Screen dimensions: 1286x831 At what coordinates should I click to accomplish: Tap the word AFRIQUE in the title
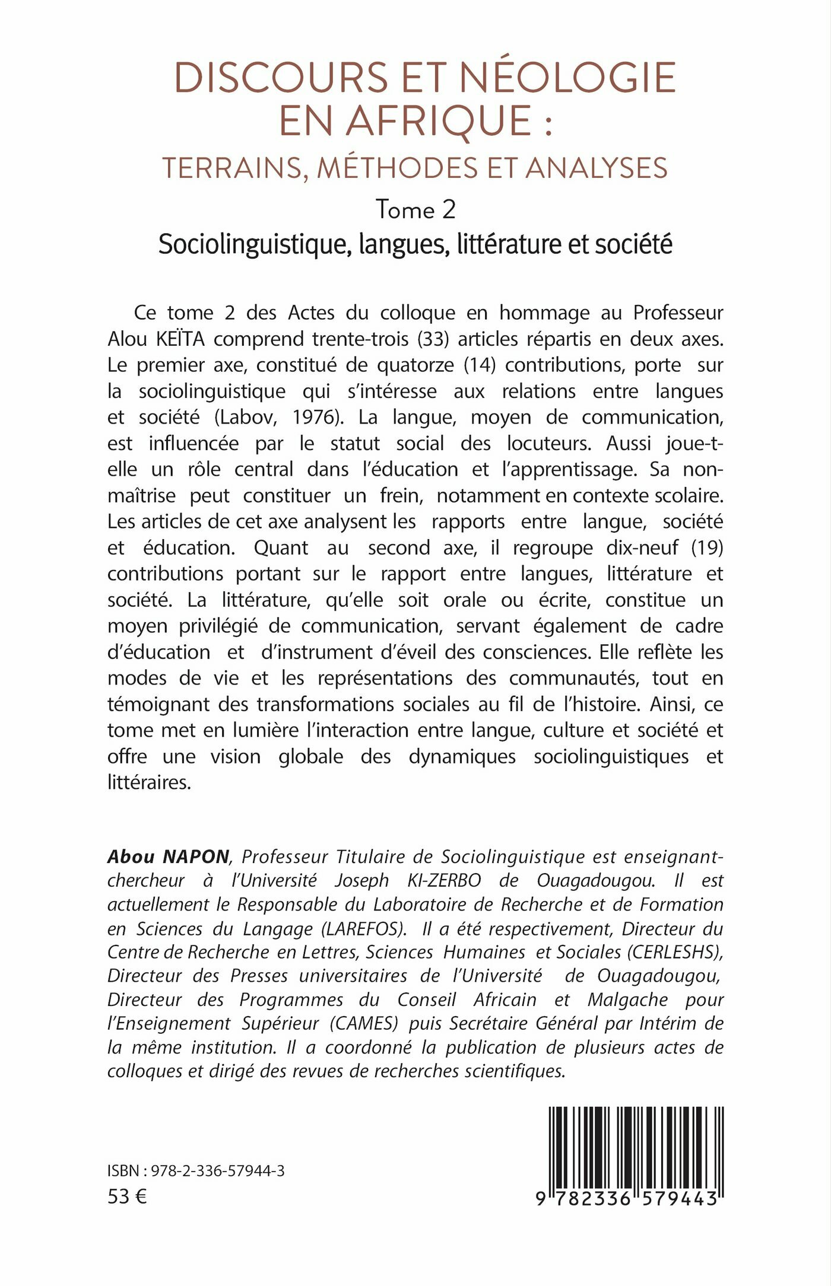click(x=439, y=121)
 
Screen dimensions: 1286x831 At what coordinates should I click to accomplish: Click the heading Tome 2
click(x=415, y=209)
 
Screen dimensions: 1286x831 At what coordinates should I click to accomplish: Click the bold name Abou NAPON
click(x=168, y=857)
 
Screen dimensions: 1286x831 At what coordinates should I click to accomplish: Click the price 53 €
click(x=127, y=1196)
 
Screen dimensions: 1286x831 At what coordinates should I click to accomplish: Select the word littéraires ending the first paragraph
click(x=149, y=782)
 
